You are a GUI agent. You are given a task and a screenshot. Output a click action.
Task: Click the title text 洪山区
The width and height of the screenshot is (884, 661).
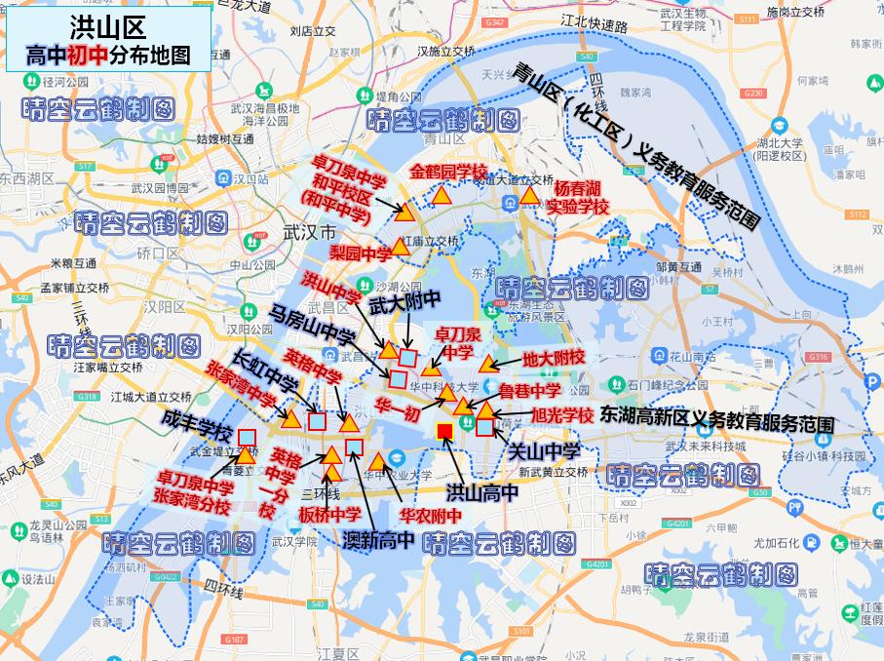coord(108,27)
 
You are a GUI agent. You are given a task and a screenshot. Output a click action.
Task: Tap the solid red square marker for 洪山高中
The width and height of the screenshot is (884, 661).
coord(444,432)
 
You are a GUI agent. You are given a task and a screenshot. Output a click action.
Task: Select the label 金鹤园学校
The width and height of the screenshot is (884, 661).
coord(447,172)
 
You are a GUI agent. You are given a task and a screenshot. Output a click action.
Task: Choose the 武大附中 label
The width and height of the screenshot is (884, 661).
coord(405,304)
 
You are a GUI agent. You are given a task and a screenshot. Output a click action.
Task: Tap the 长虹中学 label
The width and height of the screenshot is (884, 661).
coord(264,372)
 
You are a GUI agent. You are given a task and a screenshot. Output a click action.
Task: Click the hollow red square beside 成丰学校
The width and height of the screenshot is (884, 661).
coord(247,437)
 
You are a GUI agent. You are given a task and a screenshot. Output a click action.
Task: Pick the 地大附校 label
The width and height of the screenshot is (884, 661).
coord(553,358)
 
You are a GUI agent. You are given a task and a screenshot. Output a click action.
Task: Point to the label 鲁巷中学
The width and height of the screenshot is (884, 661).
coord(529,391)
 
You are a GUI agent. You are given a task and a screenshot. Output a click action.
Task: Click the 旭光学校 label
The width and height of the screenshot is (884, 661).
coord(562,415)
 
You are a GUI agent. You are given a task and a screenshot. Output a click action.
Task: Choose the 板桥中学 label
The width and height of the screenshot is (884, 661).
coord(329,514)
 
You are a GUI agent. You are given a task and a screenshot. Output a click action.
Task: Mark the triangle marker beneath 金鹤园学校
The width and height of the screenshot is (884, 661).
coord(442,195)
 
